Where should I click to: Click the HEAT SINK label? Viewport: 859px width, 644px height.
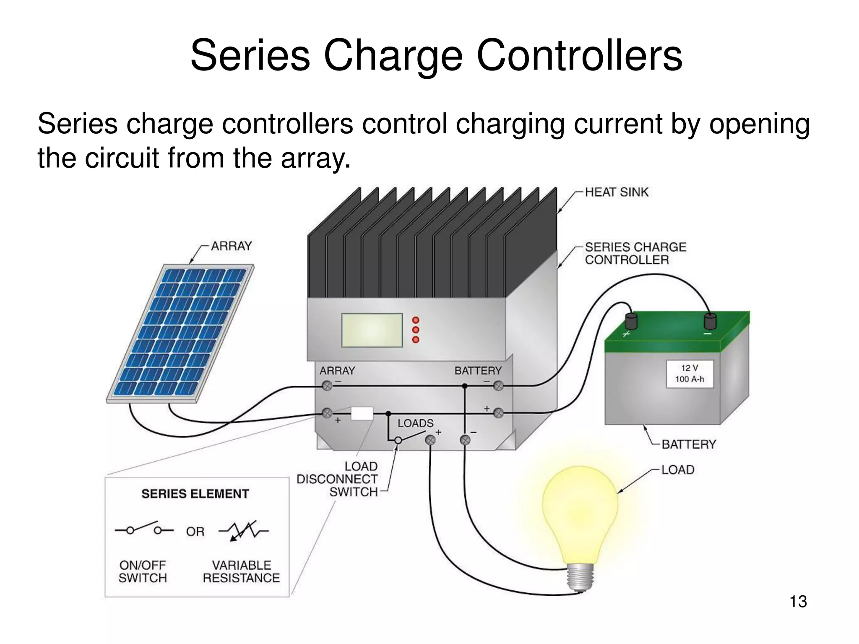pos(616,192)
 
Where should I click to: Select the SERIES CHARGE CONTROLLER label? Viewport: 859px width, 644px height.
pos(635,253)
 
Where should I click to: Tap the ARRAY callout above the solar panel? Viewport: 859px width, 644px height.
pos(231,246)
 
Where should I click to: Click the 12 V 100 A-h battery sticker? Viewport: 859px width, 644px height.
pos(689,374)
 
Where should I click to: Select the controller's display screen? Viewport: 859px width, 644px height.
pos(372,330)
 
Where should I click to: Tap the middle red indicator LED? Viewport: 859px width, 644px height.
pos(416,330)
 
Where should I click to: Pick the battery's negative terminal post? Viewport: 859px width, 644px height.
pos(710,322)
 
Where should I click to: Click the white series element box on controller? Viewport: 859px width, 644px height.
pos(362,413)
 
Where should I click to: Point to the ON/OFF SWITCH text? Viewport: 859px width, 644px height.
pos(143,571)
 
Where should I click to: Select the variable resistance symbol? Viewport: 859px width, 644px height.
pos(244,531)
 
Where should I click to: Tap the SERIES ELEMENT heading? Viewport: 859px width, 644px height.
pos(195,494)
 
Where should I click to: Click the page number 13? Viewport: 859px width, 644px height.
pos(798,601)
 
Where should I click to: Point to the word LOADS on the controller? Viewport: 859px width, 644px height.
pos(415,423)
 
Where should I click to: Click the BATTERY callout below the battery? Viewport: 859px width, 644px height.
pos(688,444)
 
